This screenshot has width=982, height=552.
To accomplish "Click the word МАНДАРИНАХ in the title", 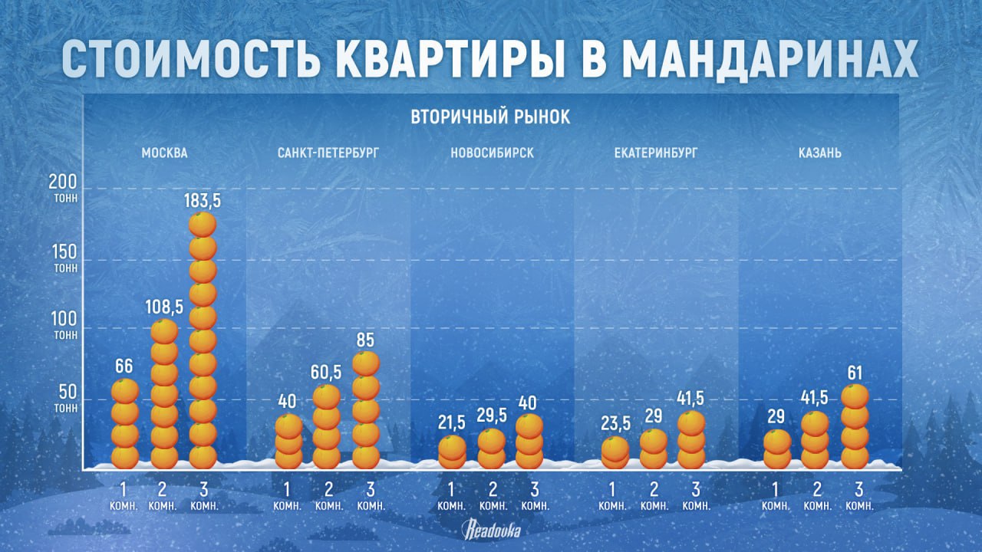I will [x=769, y=57].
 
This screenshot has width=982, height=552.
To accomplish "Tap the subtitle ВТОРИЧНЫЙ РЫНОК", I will [x=490, y=117].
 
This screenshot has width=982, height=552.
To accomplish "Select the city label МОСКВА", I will [x=164, y=153].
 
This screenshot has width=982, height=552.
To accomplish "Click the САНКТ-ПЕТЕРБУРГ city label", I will [x=328, y=153].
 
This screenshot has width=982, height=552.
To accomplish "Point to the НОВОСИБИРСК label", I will [x=492, y=153].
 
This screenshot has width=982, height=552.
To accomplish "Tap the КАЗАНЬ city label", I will [x=819, y=153].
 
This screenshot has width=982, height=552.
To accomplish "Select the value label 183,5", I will [x=203, y=202].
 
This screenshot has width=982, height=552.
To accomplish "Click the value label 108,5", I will [x=164, y=307].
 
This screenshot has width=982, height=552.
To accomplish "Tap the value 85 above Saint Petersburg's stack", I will [x=366, y=338].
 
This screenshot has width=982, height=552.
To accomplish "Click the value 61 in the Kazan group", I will [x=855, y=373].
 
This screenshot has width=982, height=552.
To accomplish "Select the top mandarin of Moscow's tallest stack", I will [x=203, y=225].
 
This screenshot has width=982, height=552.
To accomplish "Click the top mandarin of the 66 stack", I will [x=125, y=391].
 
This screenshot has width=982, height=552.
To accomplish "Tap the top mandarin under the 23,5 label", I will [x=615, y=448].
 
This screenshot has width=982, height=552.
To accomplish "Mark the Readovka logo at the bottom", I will [x=491, y=529].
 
